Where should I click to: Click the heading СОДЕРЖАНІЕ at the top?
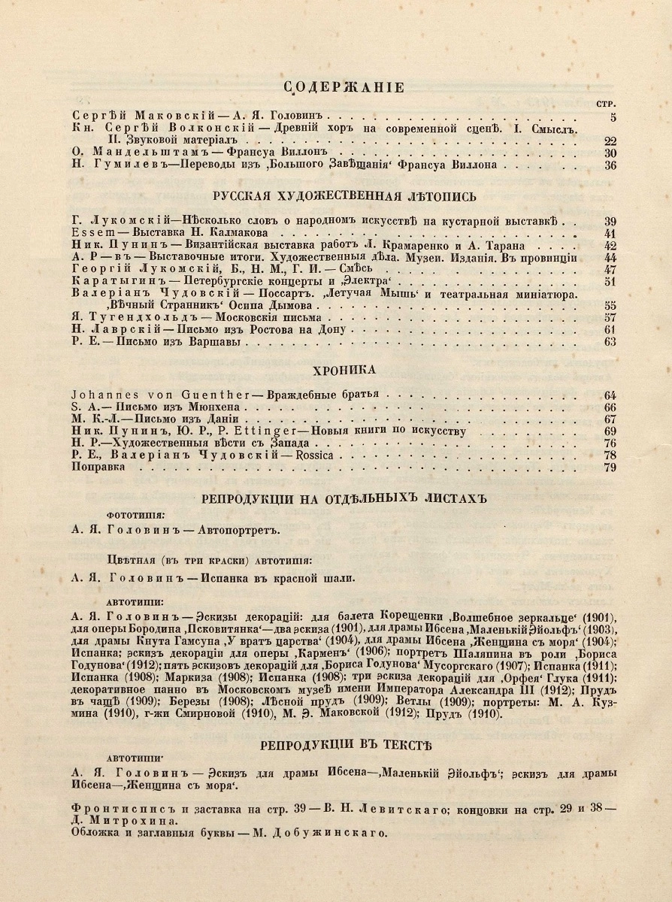coord(345,88)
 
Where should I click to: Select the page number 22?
coord(610,141)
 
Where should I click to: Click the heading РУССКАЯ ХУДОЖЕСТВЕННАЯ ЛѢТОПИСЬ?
coord(345,197)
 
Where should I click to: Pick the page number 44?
coord(610,258)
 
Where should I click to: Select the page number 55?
coord(610,306)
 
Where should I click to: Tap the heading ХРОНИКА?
coord(345,370)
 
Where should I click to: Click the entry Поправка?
coord(98,467)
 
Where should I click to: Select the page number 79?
coord(610,467)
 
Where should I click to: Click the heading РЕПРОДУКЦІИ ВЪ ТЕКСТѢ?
coord(345,746)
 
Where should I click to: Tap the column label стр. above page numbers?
coord(606,102)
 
